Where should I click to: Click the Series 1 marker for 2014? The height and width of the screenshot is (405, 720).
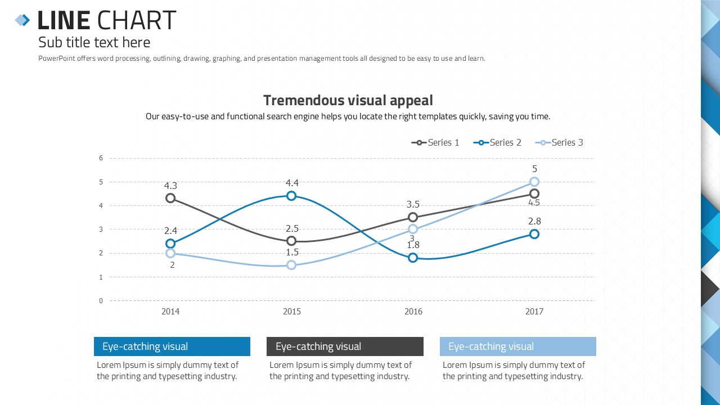(x=170, y=198)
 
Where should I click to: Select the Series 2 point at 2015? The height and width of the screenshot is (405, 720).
(x=291, y=196)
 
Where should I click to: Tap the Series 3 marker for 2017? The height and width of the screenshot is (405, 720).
(x=534, y=182)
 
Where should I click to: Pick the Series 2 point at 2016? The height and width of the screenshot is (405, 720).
(x=413, y=258)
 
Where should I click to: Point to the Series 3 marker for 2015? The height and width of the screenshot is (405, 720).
(x=291, y=265)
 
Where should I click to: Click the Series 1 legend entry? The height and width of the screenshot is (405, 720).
(x=435, y=143)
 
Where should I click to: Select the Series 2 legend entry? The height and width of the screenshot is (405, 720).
(x=497, y=143)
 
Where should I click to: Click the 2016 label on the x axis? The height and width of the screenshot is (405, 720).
(x=413, y=312)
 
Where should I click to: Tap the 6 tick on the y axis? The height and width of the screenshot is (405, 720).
(x=101, y=158)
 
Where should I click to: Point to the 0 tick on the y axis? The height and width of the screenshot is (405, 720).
(x=101, y=301)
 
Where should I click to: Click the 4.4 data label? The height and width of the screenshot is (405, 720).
(x=292, y=183)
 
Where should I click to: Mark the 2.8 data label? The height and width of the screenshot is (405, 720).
(x=534, y=222)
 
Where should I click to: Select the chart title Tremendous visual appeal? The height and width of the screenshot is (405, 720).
(x=348, y=101)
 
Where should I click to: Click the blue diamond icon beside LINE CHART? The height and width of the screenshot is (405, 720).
(x=22, y=20)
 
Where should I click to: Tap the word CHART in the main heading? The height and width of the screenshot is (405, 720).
(x=136, y=21)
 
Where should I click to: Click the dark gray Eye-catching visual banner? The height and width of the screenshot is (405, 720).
(x=345, y=346)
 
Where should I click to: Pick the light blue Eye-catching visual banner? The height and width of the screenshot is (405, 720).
(x=517, y=346)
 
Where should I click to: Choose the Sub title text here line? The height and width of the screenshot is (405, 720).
(x=94, y=43)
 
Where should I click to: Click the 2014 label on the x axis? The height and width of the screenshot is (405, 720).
(x=170, y=312)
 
